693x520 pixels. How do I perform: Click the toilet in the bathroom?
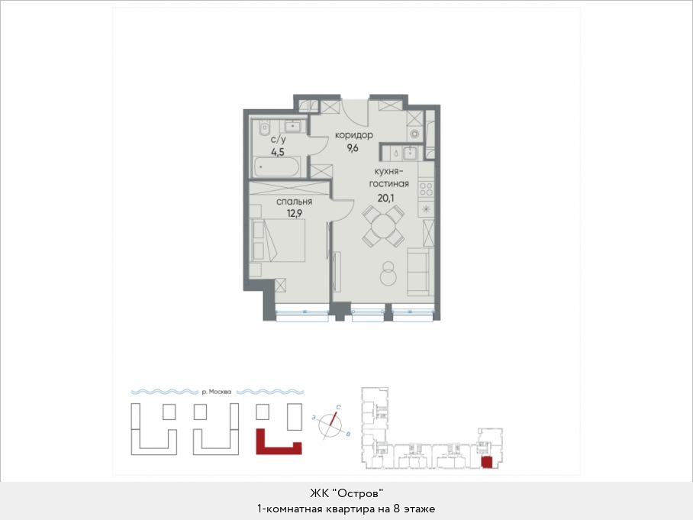click(x=264, y=129)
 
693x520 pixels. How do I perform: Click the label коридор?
click(x=353, y=135)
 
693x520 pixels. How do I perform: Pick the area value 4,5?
click(x=278, y=152)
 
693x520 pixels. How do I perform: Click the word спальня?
click(x=294, y=202)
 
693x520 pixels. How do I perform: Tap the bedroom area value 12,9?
click(x=294, y=214)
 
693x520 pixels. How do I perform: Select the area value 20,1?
click(x=385, y=198)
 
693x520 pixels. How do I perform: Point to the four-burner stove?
click(x=426, y=189)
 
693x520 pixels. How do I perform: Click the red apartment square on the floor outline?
click(x=486, y=463)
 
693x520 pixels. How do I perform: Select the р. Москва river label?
click(x=216, y=392)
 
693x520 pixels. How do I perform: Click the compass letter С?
click(x=338, y=407)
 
